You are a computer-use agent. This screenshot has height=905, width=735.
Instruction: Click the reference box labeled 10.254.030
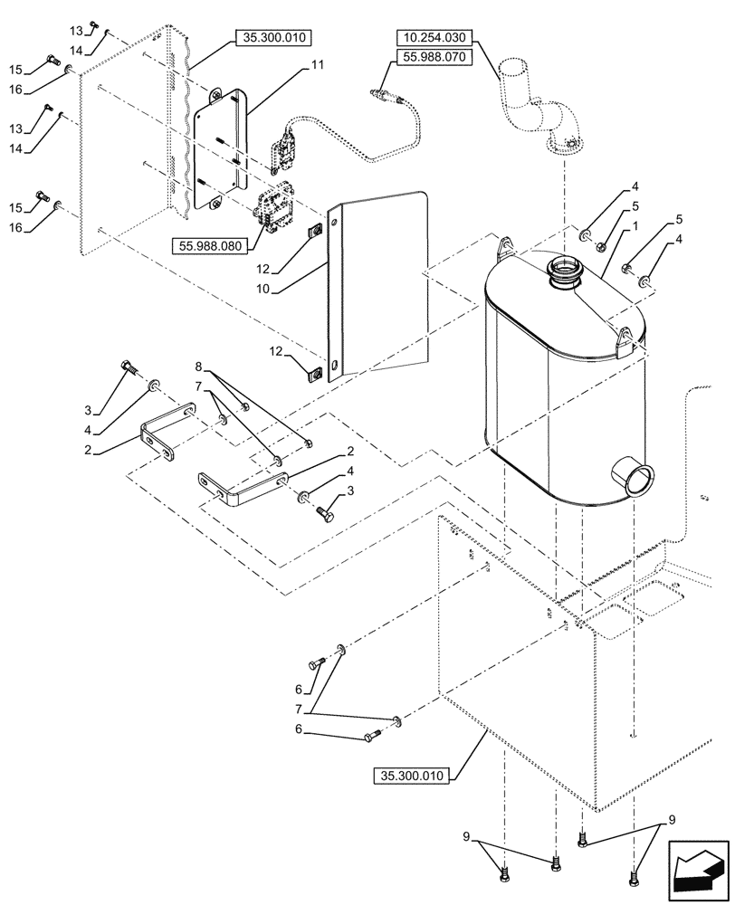[433, 37]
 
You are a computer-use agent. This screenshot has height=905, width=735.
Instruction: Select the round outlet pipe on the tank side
[633, 474]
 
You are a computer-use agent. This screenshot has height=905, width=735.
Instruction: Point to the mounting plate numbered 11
[220, 149]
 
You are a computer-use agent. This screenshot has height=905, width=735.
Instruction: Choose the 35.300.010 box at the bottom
[414, 776]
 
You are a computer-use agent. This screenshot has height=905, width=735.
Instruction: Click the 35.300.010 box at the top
[272, 37]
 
